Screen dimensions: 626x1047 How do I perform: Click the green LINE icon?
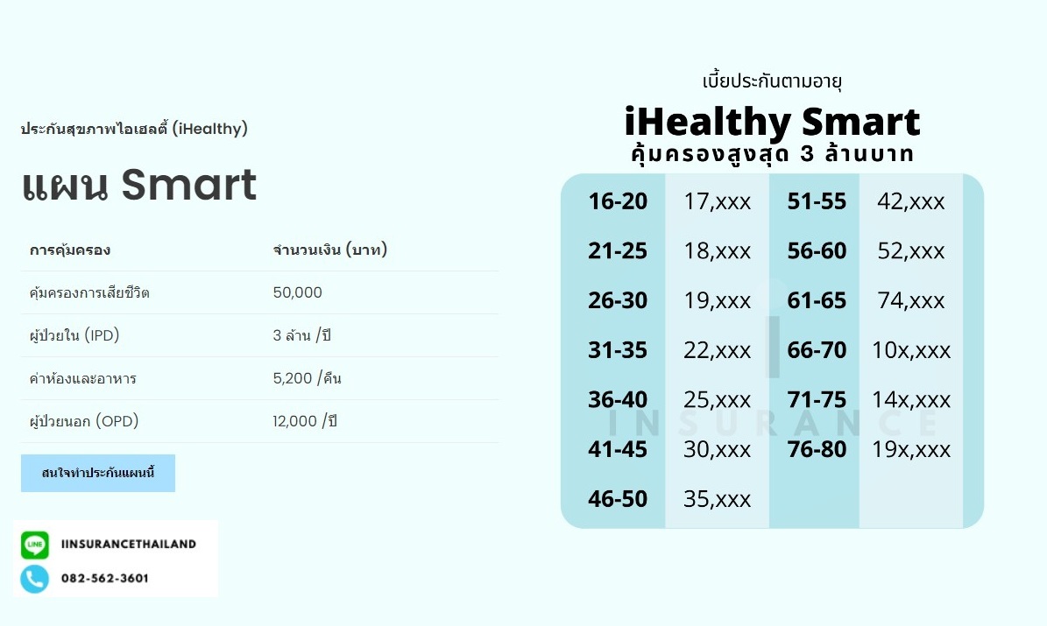[x=35, y=545]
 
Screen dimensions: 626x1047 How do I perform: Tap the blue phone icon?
[x=35, y=579]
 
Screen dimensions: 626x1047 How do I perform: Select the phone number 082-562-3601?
[x=105, y=579]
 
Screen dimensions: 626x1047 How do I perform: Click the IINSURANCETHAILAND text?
[x=129, y=545]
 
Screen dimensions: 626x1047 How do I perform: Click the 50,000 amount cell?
[x=298, y=292]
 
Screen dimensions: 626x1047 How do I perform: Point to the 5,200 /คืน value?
[x=308, y=379]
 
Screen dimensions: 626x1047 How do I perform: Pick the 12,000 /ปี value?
[x=305, y=422]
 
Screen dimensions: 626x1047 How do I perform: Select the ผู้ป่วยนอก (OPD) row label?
[x=84, y=422]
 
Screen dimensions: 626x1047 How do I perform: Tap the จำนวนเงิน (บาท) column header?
[x=330, y=250]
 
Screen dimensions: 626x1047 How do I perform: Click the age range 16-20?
[x=618, y=201]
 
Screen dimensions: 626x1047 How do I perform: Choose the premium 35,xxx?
[x=717, y=499]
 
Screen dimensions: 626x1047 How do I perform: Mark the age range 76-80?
[x=817, y=450]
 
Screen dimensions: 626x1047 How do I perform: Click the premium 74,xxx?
[x=911, y=301]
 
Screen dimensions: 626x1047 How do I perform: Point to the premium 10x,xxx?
[x=911, y=351]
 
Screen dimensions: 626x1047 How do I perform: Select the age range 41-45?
[x=618, y=450]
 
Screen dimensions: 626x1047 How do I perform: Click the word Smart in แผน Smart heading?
[x=188, y=185]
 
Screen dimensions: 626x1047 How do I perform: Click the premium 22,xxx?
[x=717, y=351]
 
